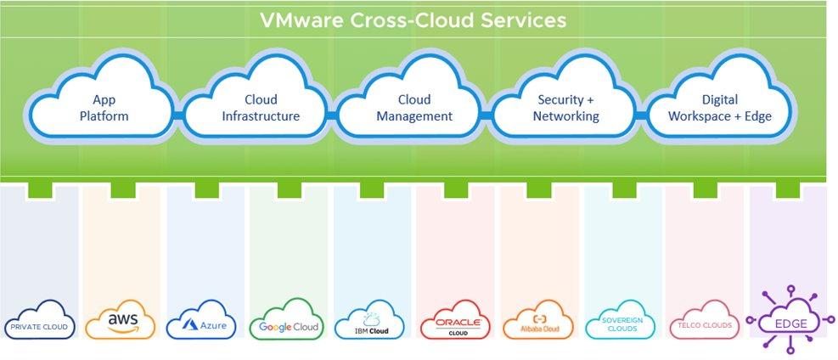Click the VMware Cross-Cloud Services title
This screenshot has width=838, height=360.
[x=413, y=20]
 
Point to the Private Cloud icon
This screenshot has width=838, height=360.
[x=40, y=320]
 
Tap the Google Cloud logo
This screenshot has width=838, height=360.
[x=288, y=320]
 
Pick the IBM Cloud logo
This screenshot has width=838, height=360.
[x=370, y=320]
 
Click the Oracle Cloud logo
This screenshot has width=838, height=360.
[x=455, y=320]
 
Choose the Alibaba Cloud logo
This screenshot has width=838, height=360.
[x=538, y=320]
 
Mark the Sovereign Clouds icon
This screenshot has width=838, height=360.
[x=620, y=320]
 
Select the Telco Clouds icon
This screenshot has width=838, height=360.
[x=705, y=320]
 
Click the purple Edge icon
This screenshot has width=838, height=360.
[x=790, y=320]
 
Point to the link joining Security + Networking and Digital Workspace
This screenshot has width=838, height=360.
[x=641, y=115]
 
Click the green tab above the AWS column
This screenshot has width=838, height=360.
[x=123, y=189]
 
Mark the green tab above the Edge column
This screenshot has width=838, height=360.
[x=788, y=189]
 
